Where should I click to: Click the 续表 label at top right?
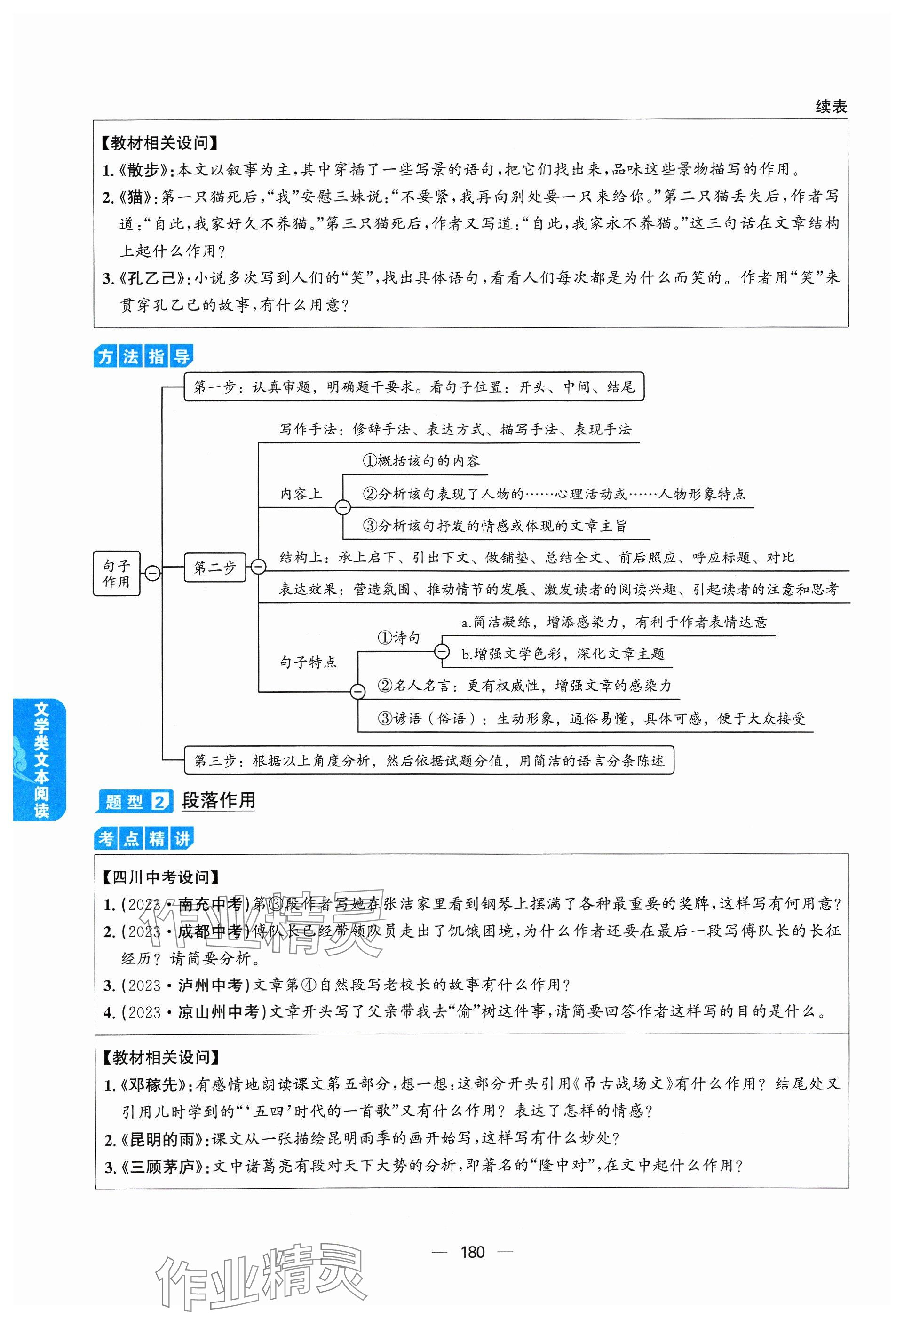tap(830, 107)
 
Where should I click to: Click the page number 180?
tap(472, 1252)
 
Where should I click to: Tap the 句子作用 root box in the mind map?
tap(116, 573)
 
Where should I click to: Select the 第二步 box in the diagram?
tap(214, 568)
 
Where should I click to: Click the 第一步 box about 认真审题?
tap(414, 387)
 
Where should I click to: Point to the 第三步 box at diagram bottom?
tap(429, 760)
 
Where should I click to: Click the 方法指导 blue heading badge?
tap(143, 357)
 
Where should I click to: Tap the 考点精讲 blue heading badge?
tap(143, 839)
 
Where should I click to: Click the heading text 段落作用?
tap(218, 801)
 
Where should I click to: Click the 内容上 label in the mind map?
tap(301, 494)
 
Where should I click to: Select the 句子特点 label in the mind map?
tap(308, 662)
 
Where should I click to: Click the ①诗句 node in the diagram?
tap(399, 638)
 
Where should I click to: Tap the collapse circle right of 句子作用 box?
tap(152, 573)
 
